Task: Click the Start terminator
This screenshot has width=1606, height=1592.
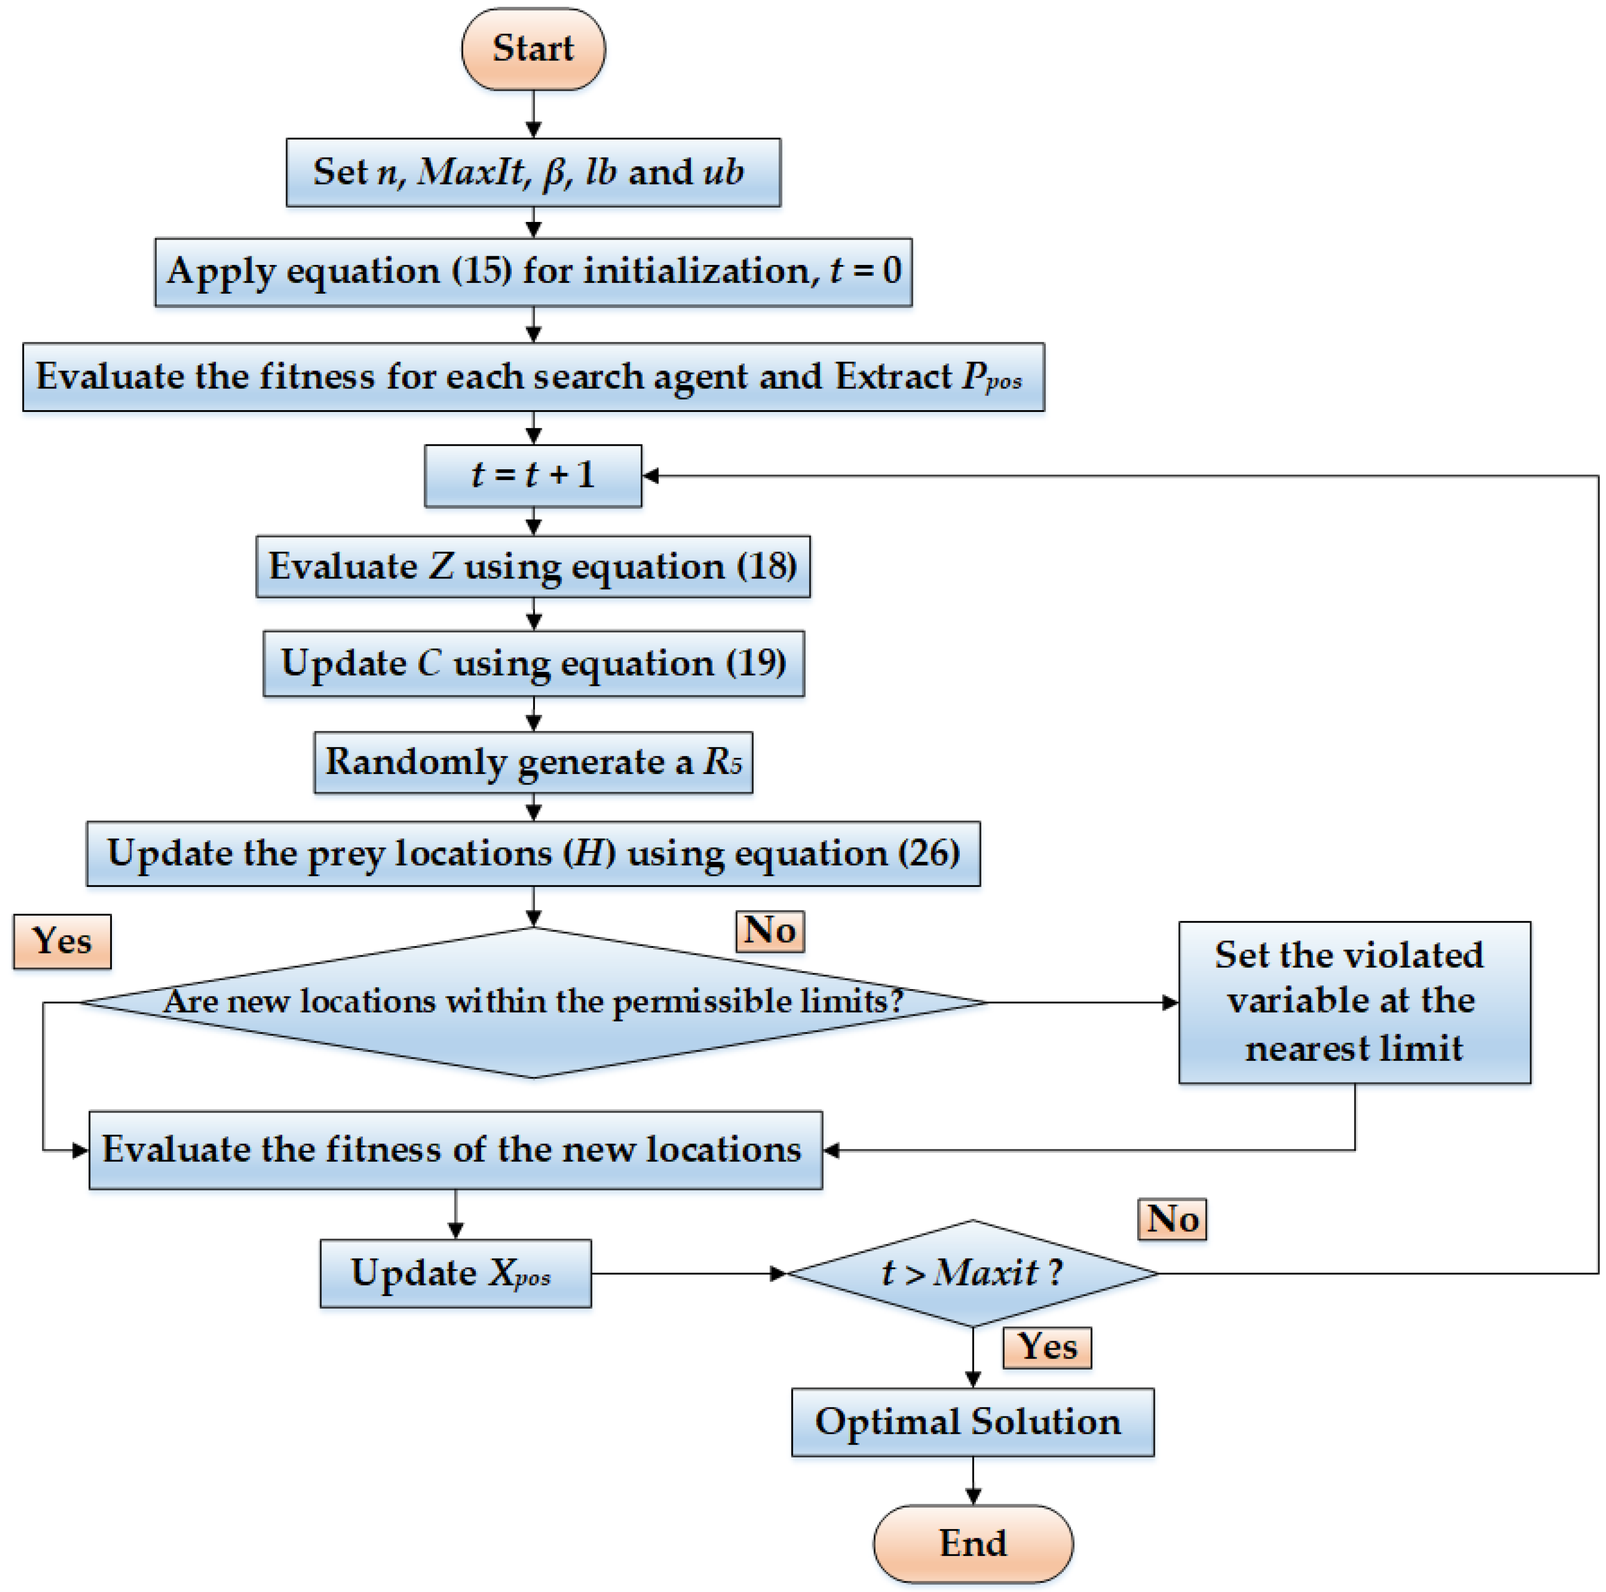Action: tap(533, 49)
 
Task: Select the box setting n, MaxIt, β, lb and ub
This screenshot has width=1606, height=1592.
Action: tap(533, 172)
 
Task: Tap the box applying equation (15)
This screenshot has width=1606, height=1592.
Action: tap(533, 272)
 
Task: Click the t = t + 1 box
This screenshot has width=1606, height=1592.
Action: tap(533, 475)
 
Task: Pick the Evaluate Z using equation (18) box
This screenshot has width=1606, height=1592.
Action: tap(533, 566)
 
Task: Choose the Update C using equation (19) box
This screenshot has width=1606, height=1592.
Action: tap(533, 664)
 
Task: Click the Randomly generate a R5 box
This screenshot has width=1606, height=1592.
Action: tap(533, 762)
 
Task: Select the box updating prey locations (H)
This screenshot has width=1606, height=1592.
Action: tap(533, 854)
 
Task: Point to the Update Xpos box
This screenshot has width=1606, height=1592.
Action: tap(455, 1273)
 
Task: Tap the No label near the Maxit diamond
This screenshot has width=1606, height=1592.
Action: tap(1171, 1220)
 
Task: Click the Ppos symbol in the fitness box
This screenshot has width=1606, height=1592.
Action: tap(991, 378)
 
